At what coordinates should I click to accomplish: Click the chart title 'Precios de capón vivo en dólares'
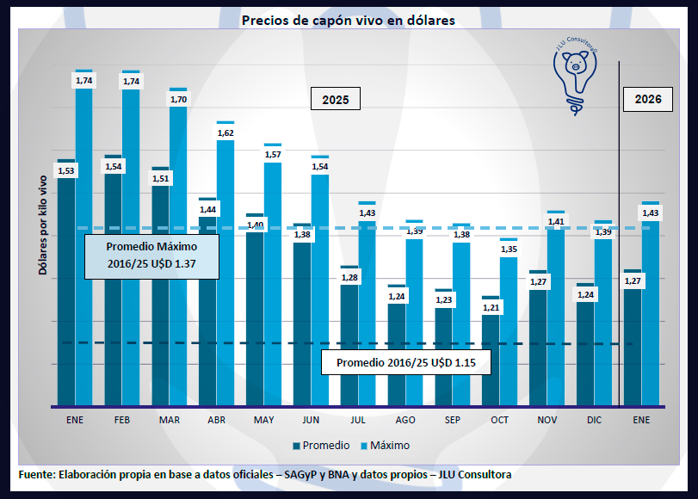coord(349,20)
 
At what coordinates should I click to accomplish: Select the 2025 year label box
coord(335,100)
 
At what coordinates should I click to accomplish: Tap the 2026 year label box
coord(648,99)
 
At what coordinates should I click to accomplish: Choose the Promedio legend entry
coord(321,446)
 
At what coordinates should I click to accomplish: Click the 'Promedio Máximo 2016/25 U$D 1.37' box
coord(151,256)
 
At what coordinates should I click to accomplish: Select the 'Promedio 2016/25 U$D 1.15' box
coord(406,363)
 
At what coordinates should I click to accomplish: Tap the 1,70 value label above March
coord(178,100)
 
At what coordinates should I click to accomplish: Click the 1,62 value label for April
coord(225,133)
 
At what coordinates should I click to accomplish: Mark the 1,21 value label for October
coord(491,307)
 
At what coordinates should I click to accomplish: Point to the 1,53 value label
coord(66,171)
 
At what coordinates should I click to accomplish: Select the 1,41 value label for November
coord(556,222)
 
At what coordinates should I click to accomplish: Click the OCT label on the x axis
coord(499,420)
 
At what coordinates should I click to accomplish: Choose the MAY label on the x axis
coord(264,420)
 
